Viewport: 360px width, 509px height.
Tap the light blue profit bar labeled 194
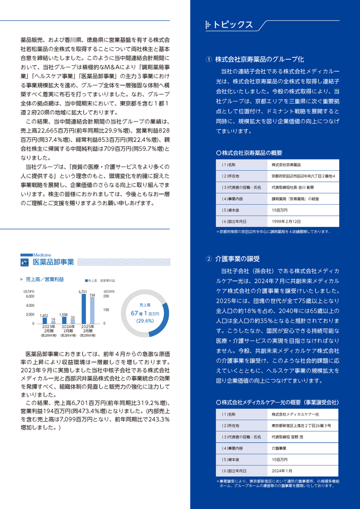point(92,310)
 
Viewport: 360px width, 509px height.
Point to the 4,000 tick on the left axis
point(29,305)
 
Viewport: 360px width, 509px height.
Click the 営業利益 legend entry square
point(100,279)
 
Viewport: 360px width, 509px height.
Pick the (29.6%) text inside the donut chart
point(145,321)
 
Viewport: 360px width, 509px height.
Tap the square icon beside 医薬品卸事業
point(24,262)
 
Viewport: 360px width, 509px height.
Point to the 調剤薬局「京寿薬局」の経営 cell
point(295,198)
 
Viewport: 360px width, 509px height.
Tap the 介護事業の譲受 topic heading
point(238,259)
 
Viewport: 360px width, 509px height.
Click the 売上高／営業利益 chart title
point(45,279)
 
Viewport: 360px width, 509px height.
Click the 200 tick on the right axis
point(106,296)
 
